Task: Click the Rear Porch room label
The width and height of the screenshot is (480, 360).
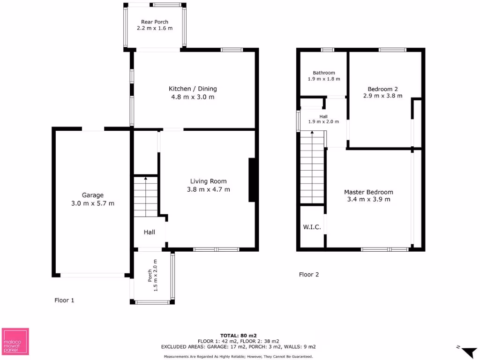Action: point(155,22)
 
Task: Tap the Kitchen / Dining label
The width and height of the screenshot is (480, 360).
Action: point(193,89)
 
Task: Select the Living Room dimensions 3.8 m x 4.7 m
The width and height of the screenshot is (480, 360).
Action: point(208,189)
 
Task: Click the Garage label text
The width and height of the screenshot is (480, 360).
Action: point(93,195)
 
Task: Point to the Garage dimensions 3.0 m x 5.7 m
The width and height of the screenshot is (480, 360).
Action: point(93,203)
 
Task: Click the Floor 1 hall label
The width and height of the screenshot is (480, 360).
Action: point(149,232)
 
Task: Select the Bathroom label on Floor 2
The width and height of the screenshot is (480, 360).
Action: point(324,73)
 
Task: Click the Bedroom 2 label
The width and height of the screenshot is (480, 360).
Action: point(383,89)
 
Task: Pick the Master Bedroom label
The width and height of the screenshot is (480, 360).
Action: point(368,192)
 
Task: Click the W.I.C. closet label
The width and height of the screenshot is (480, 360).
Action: point(312,227)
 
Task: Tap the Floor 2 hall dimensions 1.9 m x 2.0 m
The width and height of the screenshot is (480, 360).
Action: point(323,122)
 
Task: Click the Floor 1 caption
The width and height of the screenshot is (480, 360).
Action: point(64,300)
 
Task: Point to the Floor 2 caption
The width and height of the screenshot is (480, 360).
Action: point(309,275)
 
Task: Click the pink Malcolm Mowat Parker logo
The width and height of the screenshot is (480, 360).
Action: point(15,341)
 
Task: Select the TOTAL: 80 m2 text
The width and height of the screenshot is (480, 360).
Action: point(239,335)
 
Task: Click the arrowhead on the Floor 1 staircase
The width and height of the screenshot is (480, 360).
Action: point(145,179)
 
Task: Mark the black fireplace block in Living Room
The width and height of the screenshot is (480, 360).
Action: point(252,180)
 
